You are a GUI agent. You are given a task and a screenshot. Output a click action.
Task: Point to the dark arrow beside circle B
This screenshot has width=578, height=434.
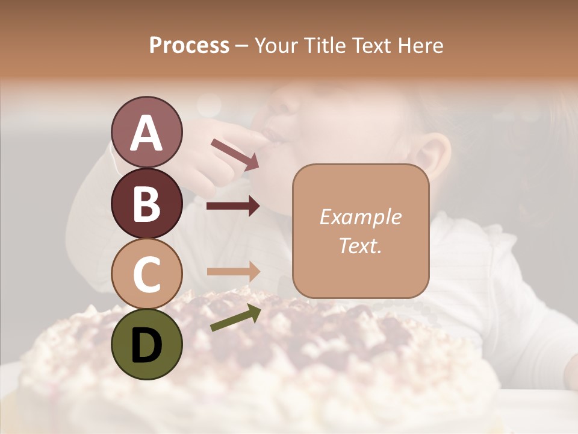tap(233, 206)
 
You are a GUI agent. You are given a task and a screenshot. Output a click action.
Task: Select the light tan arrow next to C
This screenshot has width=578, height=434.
tap(233, 271)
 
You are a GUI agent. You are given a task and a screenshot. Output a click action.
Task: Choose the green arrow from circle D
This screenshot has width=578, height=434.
tap(235, 318)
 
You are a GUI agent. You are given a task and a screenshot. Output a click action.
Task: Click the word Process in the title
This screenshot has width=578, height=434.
tap(189, 45)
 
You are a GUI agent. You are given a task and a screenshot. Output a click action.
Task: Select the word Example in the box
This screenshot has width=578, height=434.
tap(360, 217)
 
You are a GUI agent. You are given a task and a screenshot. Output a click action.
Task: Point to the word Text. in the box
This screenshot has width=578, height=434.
tap(360, 245)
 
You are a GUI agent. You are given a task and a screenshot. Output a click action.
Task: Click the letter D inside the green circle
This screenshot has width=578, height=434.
tap(146, 345)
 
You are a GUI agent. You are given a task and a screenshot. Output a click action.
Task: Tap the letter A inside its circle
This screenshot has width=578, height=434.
tap(146, 133)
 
